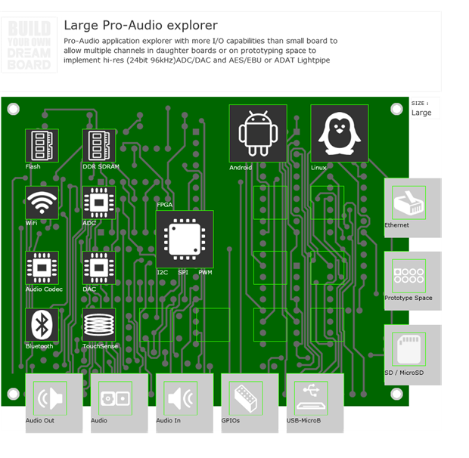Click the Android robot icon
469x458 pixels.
(x=258, y=133)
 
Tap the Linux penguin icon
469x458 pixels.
(x=339, y=133)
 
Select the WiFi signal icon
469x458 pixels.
(x=42, y=203)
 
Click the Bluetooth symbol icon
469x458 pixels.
(x=42, y=325)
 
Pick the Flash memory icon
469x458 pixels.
(x=42, y=145)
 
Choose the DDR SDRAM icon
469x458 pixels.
(x=99, y=145)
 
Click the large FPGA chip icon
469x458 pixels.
(x=185, y=239)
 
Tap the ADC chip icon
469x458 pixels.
(x=99, y=203)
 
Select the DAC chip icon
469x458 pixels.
(x=99, y=268)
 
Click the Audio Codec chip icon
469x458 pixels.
(x=42, y=268)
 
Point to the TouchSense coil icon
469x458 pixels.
(x=99, y=325)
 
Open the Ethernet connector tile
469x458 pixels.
(x=409, y=203)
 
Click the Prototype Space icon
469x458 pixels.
(x=409, y=275)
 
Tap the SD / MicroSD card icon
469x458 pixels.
(x=409, y=348)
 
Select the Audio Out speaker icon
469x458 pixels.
(x=51, y=398)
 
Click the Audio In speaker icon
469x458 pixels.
(x=181, y=398)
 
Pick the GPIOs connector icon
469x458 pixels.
(x=246, y=398)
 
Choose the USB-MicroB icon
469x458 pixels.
(x=311, y=398)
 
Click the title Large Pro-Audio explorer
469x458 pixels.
(x=141, y=26)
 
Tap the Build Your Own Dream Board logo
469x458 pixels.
(x=30, y=45)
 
